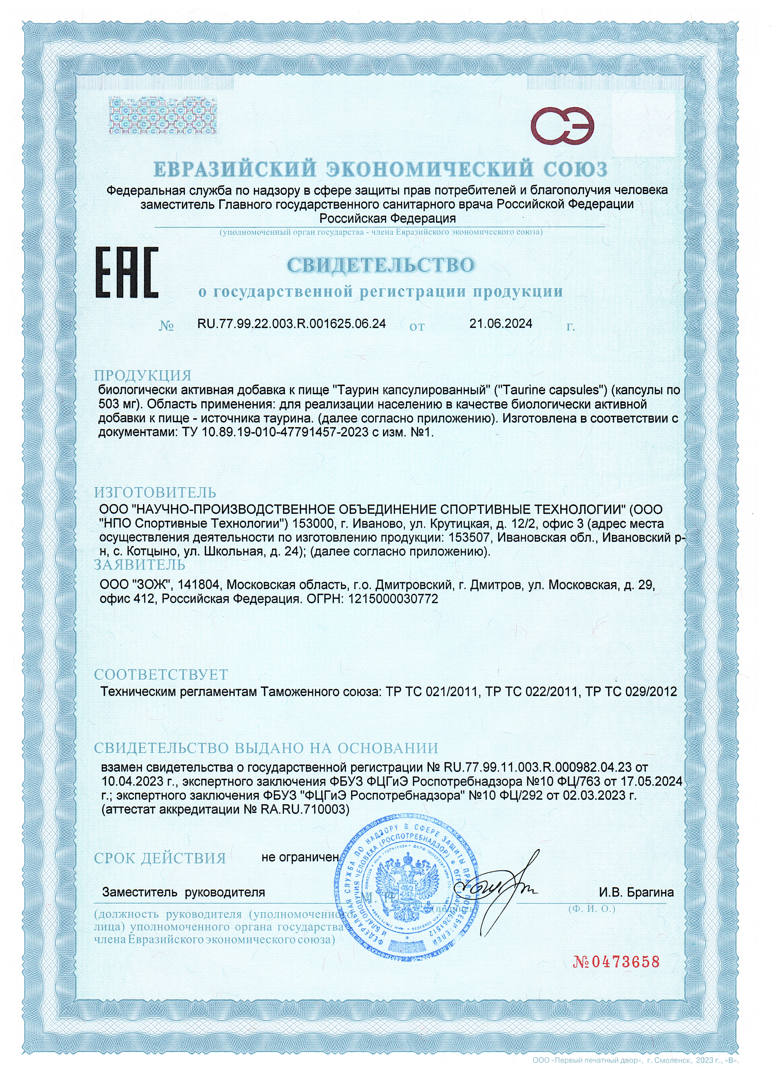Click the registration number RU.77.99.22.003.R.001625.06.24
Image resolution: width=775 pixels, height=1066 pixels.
pos(292,324)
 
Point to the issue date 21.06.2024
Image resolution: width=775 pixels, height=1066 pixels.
pos(501,324)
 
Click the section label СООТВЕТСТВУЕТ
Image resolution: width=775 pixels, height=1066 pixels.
pos(161,675)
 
